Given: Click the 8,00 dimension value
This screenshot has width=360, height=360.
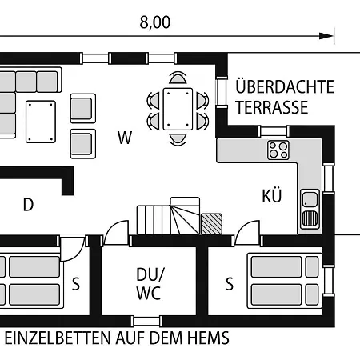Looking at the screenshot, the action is (155, 22).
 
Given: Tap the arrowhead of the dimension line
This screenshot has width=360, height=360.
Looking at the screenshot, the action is (326, 36).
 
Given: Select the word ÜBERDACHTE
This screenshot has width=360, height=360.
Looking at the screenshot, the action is (285, 86).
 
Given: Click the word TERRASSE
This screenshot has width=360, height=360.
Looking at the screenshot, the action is (272, 107).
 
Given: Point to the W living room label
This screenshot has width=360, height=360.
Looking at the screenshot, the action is (125, 138).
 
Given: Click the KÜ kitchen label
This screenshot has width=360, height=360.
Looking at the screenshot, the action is (272, 195).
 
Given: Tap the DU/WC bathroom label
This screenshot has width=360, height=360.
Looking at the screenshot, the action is (149, 284).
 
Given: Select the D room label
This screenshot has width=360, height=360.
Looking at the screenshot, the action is (29, 205).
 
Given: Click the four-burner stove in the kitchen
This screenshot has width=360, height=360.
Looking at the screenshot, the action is (278, 150).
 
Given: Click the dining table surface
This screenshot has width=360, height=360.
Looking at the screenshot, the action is (178, 109).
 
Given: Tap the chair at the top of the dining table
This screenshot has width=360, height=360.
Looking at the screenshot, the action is (178, 78).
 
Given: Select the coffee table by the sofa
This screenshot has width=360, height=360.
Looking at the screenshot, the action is (41, 122).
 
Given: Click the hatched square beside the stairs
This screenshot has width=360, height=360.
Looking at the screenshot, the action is (212, 224).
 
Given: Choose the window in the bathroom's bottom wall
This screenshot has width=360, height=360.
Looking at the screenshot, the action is (146, 321).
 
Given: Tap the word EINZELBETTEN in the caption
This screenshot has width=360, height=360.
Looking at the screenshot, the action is (58, 338).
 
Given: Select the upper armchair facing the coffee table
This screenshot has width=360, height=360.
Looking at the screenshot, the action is (83, 108).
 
